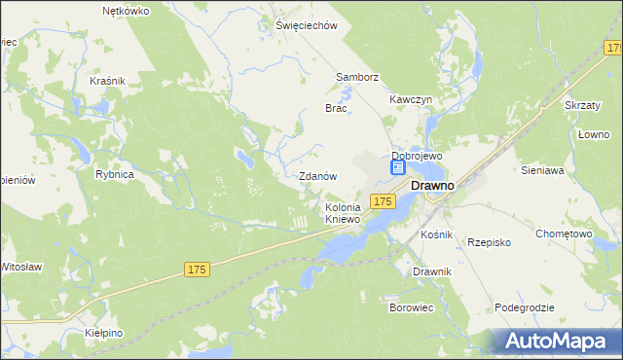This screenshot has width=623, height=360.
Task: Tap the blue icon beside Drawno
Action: [x=398, y=168]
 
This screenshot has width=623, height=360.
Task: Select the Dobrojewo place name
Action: [x=417, y=156]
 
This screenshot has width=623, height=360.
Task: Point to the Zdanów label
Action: [x=317, y=177]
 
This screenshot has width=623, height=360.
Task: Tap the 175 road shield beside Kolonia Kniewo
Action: [x=383, y=200]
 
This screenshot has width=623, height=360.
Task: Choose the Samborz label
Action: [x=356, y=77]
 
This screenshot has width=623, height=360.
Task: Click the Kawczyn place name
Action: [x=411, y=99]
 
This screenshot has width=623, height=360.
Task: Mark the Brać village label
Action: [x=336, y=109]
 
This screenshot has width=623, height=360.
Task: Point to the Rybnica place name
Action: [x=114, y=174]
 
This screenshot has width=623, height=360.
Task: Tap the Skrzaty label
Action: [x=583, y=104]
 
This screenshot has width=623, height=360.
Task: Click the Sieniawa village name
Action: [x=543, y=170]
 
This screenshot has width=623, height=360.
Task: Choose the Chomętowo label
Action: [x=565, y=234]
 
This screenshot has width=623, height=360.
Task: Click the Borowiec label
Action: [x=412, y=307]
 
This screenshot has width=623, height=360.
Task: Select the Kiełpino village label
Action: [x=101, y=333]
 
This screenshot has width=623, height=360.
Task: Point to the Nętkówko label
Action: [x=126, y=12]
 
